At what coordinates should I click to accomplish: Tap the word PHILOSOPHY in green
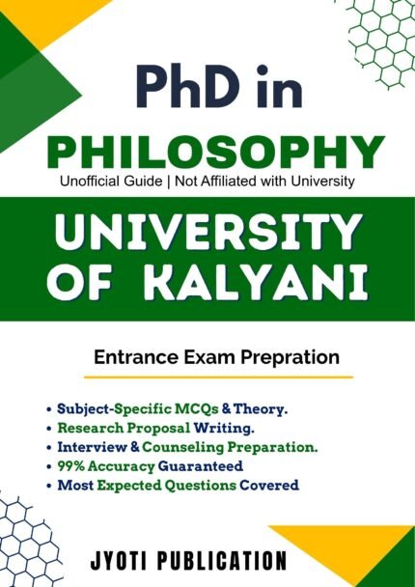point(207,151)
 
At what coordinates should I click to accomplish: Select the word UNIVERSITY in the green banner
point(207,235)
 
